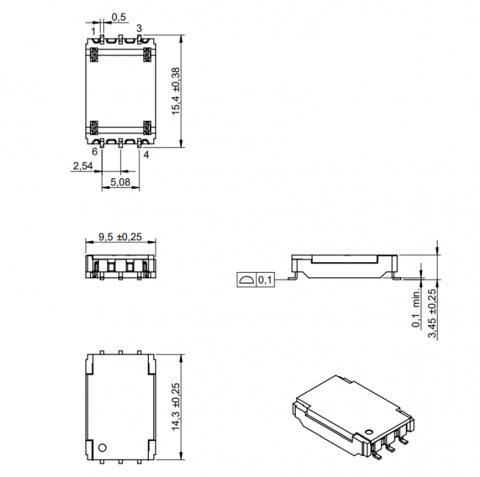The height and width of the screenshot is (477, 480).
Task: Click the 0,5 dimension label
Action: [x=119, y=16]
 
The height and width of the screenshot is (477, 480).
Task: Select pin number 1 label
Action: [x=93, y=30]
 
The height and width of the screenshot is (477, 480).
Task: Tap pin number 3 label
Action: [x=140, y=28]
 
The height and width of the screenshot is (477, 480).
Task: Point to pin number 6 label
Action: [x=95, y=151]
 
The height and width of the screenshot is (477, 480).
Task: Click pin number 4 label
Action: [x=146, y=153]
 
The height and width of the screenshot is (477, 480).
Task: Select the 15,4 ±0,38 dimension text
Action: [x=176, y=91]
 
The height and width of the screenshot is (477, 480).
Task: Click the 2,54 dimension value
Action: [x=83, y=166]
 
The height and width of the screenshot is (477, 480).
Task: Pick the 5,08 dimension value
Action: [x=120, y=183]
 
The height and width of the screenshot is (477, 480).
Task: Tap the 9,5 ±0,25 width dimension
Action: [x=120, y=237]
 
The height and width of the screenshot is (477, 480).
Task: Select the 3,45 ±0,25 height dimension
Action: [x=432, y=312]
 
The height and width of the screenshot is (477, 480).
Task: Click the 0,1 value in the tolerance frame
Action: [x=265, y=281]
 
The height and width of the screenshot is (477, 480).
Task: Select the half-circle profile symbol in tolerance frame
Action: [x=245, y=281]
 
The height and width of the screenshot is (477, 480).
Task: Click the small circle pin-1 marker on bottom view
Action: [x=102, y=447]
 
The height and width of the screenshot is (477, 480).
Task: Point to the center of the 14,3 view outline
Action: [x=120, y=406]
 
